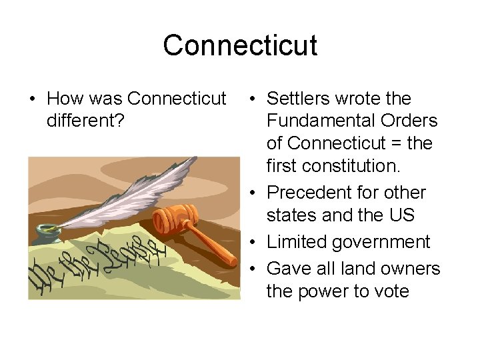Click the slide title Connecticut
240,45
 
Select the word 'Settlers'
298,99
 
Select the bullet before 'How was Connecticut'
32,99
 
